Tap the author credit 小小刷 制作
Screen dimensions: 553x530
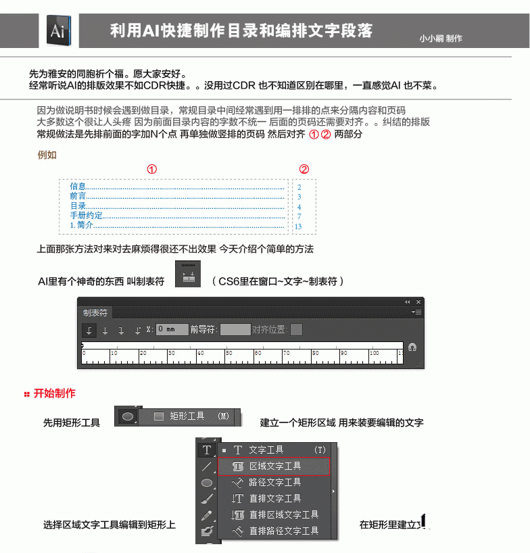coord(441,39)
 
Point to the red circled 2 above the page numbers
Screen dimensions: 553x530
coord(304,169)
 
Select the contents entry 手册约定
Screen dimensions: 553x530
coord(87,216)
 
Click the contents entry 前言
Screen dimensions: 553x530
coord(78,196)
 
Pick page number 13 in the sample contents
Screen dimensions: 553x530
coord(298,226)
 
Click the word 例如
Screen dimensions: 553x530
coord(47,154)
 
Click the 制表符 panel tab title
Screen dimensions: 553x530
coord(95,313)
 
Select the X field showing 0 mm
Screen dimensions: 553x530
coord(172,330)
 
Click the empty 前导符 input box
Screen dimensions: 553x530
coord(235,330)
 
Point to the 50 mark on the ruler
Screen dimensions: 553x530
coord(229,353)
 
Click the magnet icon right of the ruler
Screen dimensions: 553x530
coord(412,347)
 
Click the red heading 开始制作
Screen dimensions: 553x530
coord(54,393)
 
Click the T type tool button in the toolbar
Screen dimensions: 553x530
coord(207,450)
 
